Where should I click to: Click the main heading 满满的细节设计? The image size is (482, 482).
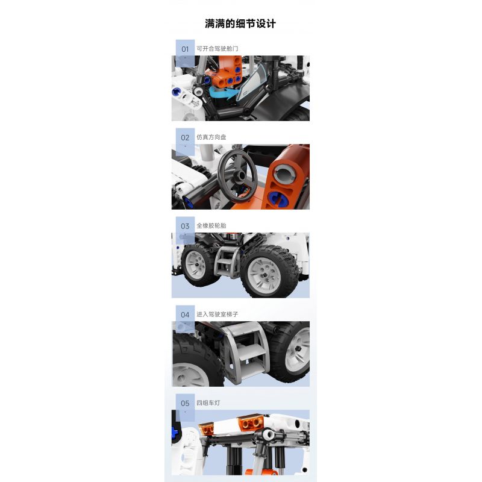240,23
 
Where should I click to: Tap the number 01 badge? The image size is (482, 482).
185,49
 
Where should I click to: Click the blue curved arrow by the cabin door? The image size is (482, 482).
225,96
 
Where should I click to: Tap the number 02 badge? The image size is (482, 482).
185,137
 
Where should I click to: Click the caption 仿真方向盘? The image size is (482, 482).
211,137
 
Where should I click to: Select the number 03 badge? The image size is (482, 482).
185,226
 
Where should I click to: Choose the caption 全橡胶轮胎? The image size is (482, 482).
211,226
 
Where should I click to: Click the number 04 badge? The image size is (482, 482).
185,315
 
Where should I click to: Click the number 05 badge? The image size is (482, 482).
185,403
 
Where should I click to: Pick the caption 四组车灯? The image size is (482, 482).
207,403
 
